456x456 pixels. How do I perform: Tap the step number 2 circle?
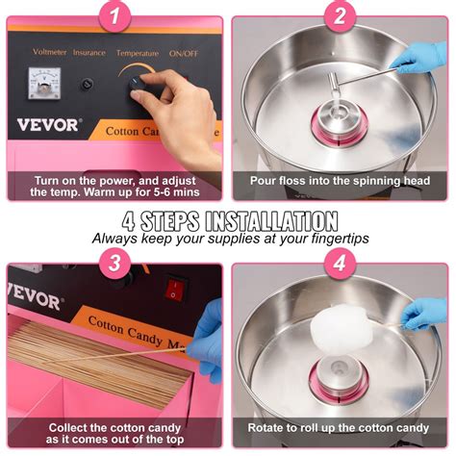pyautogui.click(x=340, y=16)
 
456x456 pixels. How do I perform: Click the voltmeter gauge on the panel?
pyautogui.click(x=45, y=84)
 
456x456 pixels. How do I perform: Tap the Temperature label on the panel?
pyautogui.click(x=137, y=53)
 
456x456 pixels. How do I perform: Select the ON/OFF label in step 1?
pyautogui.click(x=183, y=53)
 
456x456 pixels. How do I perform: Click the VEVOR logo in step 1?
pyautogui.click(x=48, y=125)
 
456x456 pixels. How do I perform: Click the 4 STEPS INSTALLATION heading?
pyautogui.click(x=228, y=219)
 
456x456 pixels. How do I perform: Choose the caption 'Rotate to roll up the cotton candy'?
pyautogui.click(x=340, y=427)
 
